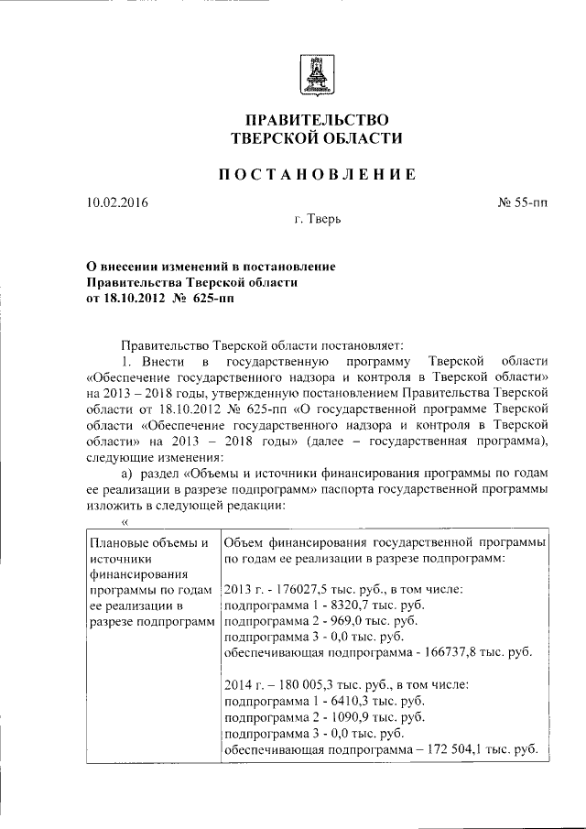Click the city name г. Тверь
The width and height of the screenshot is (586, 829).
tap(319, 220)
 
